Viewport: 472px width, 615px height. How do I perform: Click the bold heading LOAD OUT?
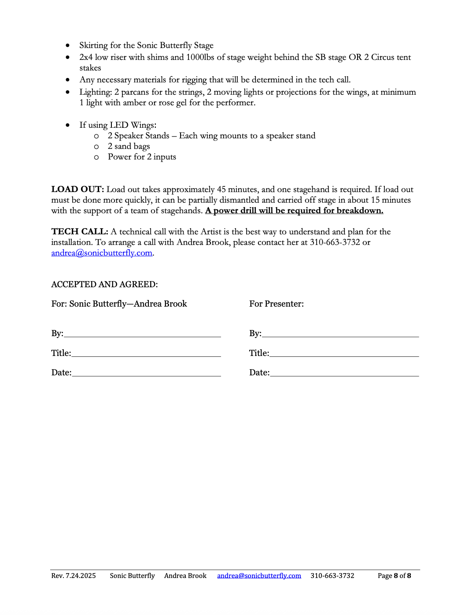[x=77, y=189]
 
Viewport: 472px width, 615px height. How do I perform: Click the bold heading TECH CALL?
[x=80, y=232]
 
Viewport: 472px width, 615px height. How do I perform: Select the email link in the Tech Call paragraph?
[x=102, y=253]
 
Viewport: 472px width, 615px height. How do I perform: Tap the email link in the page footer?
[x=259, y=576]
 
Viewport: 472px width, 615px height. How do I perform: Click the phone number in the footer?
[x=332, y=576]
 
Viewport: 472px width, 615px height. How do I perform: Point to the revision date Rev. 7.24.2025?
[x=74, y=576]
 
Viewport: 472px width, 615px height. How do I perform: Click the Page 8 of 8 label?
[x=394, y=576]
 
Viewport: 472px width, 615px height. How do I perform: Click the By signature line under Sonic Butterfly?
[x=142, y=334]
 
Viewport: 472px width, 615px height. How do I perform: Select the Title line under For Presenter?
[x=344, y=353]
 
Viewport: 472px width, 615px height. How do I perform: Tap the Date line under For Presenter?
[x=344, y=373]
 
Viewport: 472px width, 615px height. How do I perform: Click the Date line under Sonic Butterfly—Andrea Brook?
[x=146, y=373]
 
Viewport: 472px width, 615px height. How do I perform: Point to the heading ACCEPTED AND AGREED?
[x=104, y=285]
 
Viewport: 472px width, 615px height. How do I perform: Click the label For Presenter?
[x=276, y=304]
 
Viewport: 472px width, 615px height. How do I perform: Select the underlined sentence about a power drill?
[x=294, y=211]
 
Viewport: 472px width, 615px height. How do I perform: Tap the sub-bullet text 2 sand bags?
[x=129, y=146]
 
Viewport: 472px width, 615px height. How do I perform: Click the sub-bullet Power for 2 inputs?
[x=142, y=157]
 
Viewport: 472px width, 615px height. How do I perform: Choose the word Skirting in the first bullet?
[x=93, y=45]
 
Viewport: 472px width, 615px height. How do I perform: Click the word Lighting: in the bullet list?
[x=96, y=92]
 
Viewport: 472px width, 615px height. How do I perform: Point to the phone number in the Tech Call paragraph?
[x=335, y=242]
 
